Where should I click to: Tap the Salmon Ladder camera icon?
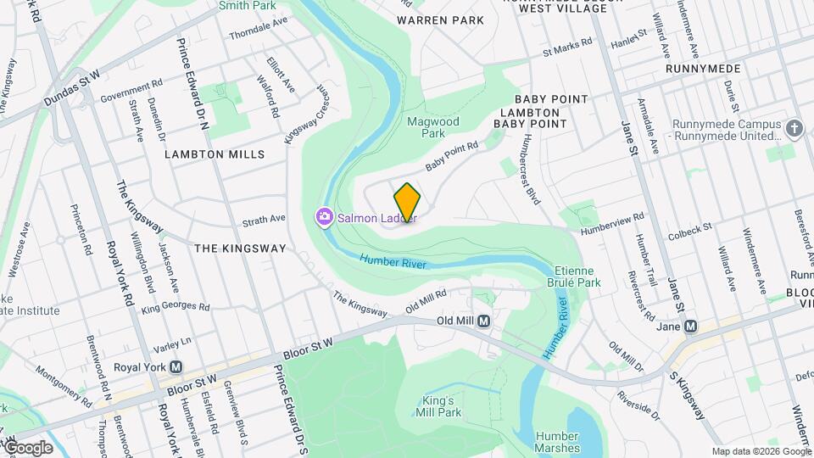click(324, 218)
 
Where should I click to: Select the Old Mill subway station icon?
click(484, 321)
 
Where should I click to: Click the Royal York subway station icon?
click(176, 368)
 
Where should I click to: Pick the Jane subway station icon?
click(690, 326)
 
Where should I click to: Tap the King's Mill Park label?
click(438, 406)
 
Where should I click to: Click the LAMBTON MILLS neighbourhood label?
click(215, 154)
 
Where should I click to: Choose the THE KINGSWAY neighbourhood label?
click(240, 249)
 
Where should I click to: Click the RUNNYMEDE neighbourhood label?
click(704, 69)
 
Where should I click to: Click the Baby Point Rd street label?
click(452, 157)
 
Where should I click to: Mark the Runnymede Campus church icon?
click(794, 128)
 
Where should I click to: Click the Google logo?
click(28, 448)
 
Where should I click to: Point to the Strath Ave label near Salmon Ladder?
click(264, 220)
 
